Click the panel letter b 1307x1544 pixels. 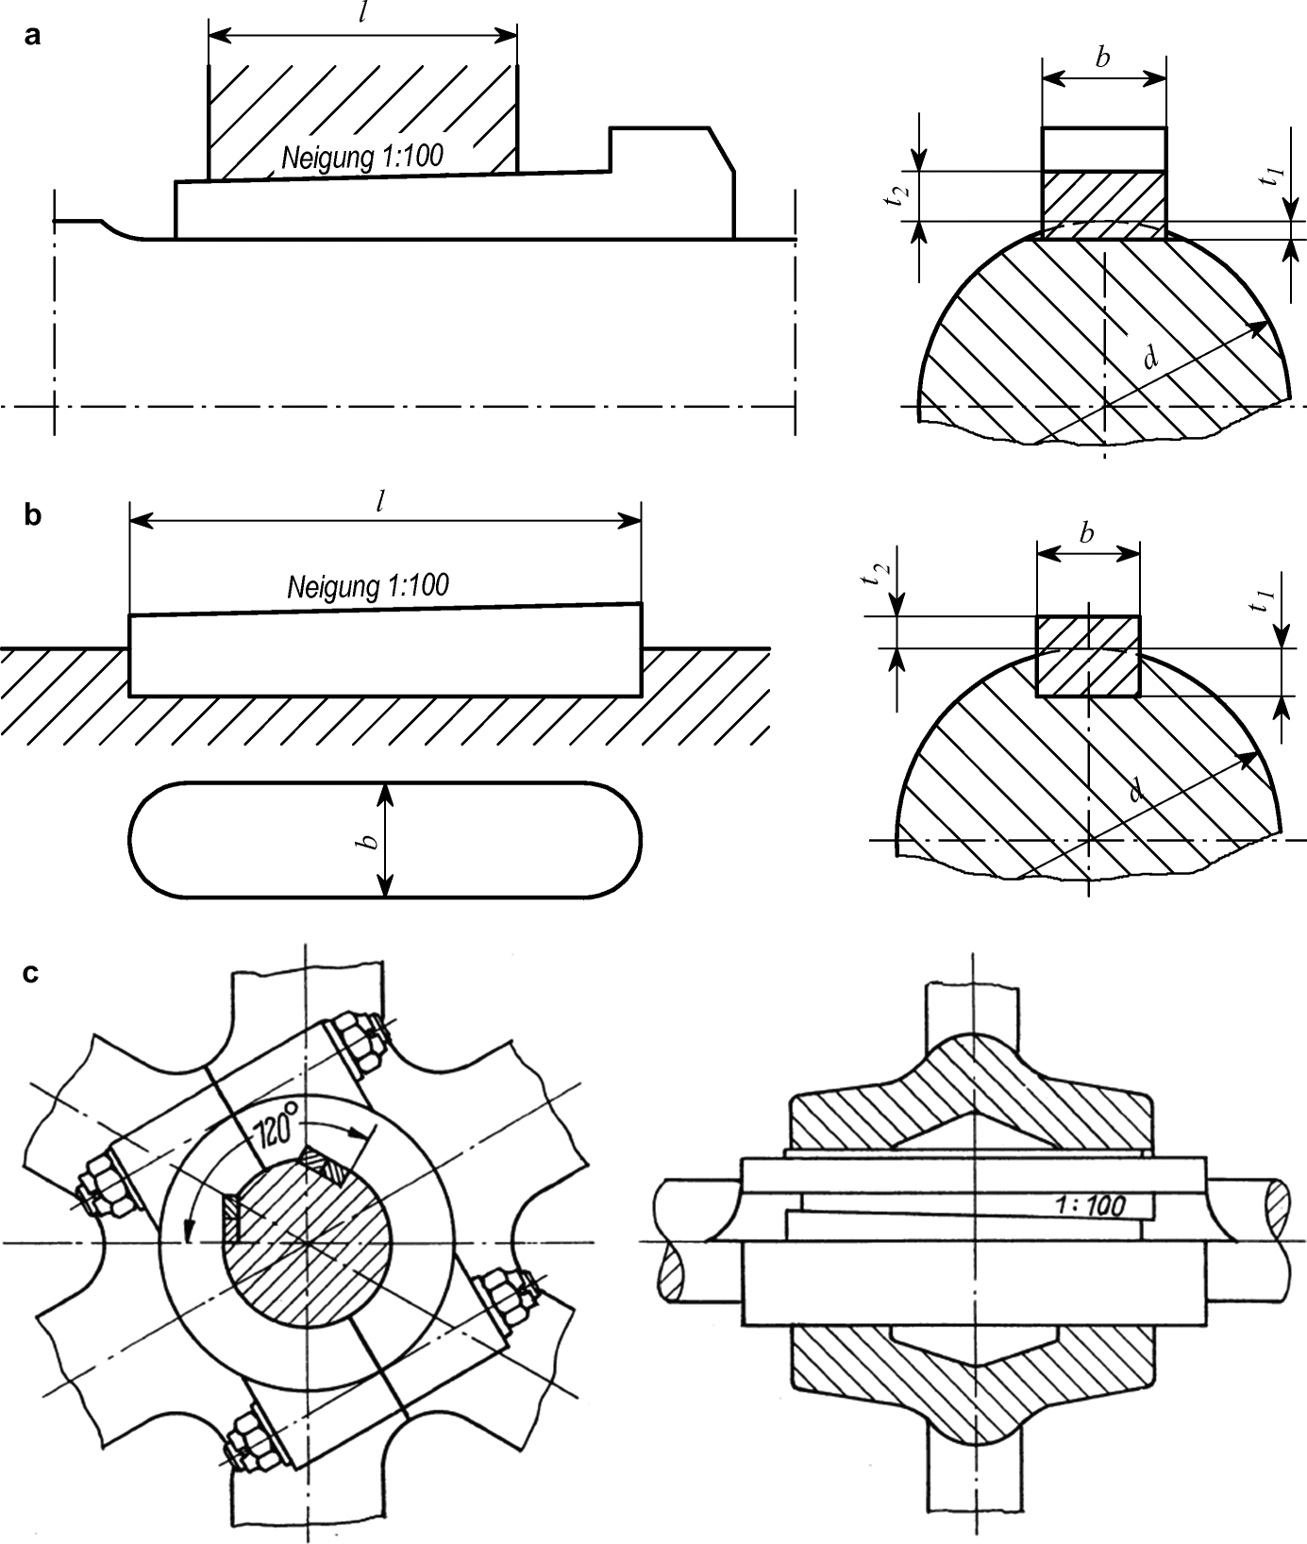(33, 516)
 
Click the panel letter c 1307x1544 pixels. (31, 973)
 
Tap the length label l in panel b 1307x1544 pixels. (379, 502)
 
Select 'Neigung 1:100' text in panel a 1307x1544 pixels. (361, 157)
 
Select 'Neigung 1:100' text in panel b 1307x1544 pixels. (368, 586)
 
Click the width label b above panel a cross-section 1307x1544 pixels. (1102, 58)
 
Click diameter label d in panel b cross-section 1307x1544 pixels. (1135, 790)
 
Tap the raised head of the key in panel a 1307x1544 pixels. (670, 179)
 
